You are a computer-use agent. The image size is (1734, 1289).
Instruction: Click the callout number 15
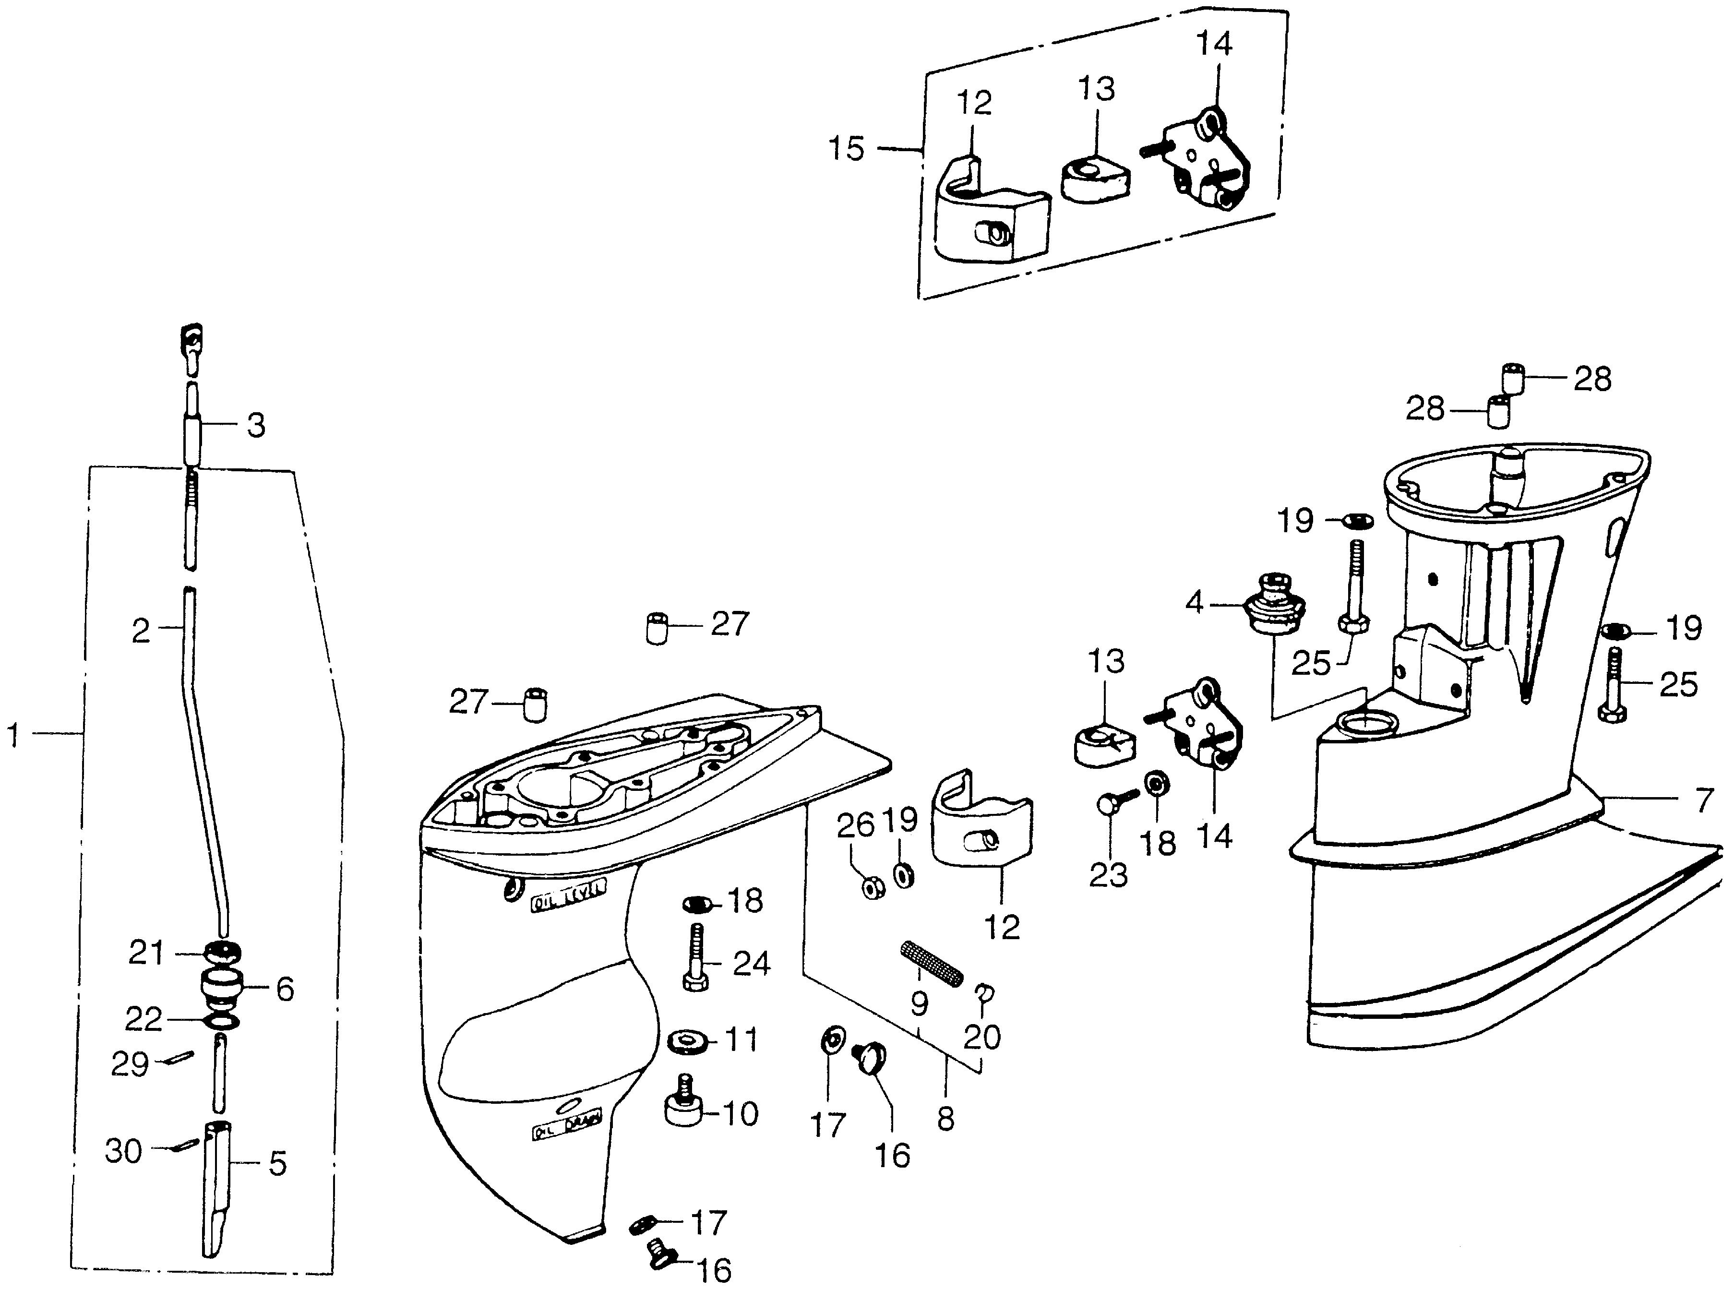coord(847,148)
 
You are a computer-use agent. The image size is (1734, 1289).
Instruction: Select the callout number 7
coord(1704,800)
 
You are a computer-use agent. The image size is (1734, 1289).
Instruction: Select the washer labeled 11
coord(688,1041)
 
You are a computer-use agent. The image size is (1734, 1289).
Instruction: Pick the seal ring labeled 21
coord(221,953)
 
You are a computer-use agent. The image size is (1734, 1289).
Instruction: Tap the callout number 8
coord(945,1120)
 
